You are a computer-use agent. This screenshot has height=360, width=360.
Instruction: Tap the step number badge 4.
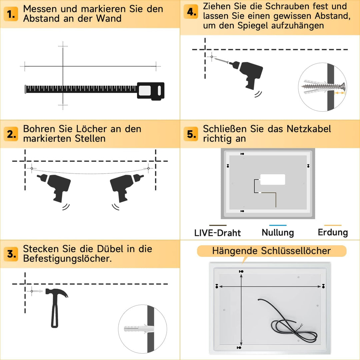coord(192,12)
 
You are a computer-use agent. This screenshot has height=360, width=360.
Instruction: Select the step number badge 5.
coord(192,134)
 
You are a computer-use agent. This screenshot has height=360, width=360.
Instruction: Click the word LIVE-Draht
coord(217,233)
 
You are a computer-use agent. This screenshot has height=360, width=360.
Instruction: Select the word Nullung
coord(278,232)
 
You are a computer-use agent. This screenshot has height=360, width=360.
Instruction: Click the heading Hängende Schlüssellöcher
coord(271,251)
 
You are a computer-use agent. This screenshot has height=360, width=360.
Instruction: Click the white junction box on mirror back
coord(273,179)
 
